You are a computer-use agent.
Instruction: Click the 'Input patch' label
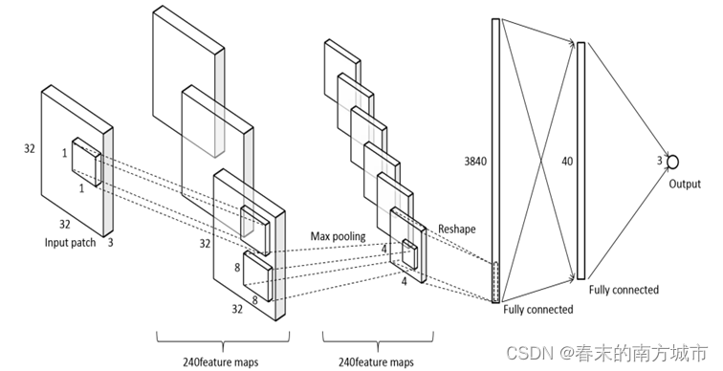pyautogui.click(x=70, y=243)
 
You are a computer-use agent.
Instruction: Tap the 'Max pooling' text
pyautogui.click(x=338, y=236)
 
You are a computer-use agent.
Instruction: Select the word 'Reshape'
pyautogui.click(x=456, y=229)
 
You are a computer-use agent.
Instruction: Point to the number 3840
pyautogui.click(x=475, y=162)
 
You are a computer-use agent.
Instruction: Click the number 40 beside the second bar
pyautogui.click(x=567, y=162)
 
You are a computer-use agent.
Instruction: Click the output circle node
pyautogui.click(x=672, y=162)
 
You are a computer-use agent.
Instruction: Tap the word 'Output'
pyautogui.click(x=685, y=184)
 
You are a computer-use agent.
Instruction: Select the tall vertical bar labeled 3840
pyautogui.click(x=495, y=161)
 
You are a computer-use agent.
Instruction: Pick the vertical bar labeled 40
pyautogui.click(x=581, y=161)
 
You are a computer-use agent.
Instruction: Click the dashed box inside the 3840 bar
pyautogui.click(x=495, y=281)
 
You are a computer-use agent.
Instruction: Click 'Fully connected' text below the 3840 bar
pyautogui.click(x=538, y=309)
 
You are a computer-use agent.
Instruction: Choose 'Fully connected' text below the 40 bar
pyautogui.click(x=624, y=290)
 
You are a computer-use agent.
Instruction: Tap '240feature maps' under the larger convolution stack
pyautogui.click(x=220, y=361)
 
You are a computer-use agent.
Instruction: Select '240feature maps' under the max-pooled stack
pyautogui.click(x=376, y=361)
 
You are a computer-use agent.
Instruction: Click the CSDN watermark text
pyautogui.click(x=606, y=353)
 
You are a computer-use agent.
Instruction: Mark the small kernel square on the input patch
pyautogui.click(x=86, y=162)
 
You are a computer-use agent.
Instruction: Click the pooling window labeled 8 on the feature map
pyautogui.click(x=258, y=276)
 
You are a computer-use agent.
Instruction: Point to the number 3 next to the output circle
pyautogui.click(x=659, y=161)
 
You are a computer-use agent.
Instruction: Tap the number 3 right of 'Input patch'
pyautogui.click(x=110, y=243)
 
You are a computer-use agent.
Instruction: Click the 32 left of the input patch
pyautogui.click(x=29, y=149)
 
